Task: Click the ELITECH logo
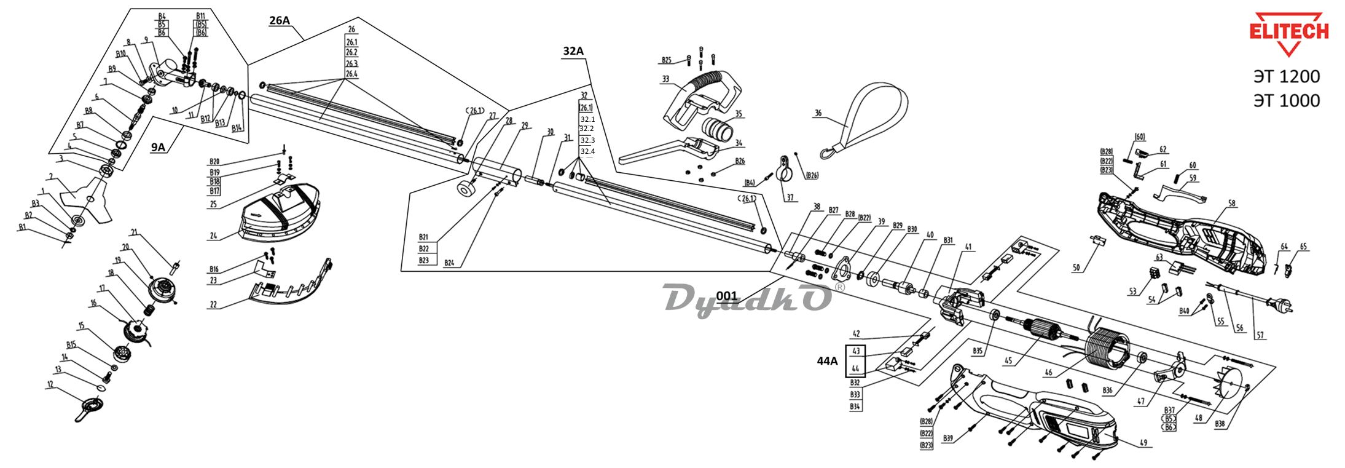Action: (x=1288, y=32)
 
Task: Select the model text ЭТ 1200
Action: (x=1287, y=77)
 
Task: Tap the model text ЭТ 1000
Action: (x=1287, y=100)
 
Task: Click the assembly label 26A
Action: (x=280, y=20)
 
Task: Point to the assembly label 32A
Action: (x=573, y=51)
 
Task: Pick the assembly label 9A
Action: (x=159, y=147)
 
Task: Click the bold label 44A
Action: (x=827, y=361)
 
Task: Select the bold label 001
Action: (x=726, y=296)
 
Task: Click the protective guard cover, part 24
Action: (x=281, y=212)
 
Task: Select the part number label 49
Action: (x=1143, y=443)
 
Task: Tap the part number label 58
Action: (x=1231, y=203)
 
